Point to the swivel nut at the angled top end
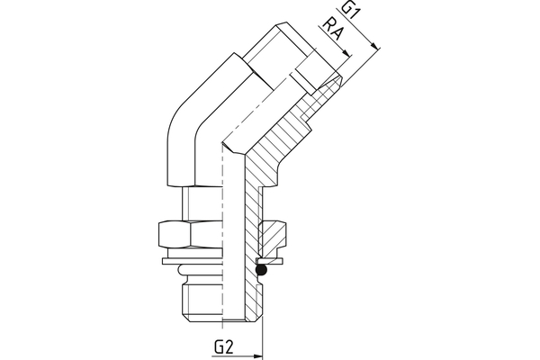[279, 54]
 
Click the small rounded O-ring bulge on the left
[183, 269]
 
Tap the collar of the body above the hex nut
[198, 202]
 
